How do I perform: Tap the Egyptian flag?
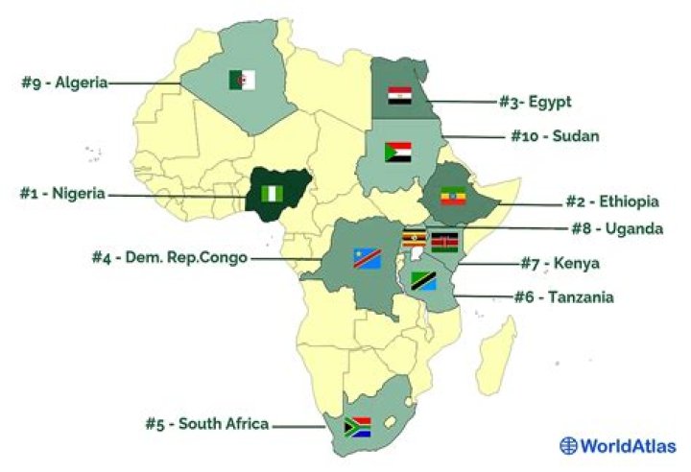pos(399,96)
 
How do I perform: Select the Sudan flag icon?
pos(397,153)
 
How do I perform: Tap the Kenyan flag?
pos(444,241)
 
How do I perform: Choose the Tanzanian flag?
pos(424,280)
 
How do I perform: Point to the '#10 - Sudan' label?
pos(554,136)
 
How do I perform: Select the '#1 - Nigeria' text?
pos(62,193)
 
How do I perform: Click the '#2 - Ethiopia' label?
pos(610,201)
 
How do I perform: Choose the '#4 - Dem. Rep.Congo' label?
pos(169,257)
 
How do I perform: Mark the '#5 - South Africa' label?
pos(206,424)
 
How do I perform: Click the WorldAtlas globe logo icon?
pos(570,445)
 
